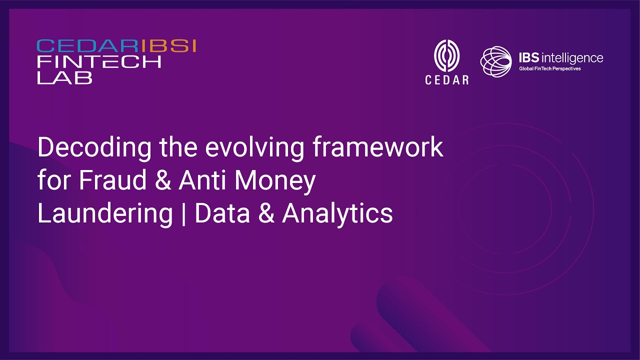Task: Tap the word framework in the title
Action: tap(378, 147)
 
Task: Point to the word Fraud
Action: tap(112, 180)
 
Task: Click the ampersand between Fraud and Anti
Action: tap(163, 180)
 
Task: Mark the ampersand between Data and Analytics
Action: tap(266, 213)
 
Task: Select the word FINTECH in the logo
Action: tap(99, 61)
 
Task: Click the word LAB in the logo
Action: tap(65, 77)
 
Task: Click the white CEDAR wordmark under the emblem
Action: tap(447, 80)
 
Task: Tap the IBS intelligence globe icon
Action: tap(495, 61)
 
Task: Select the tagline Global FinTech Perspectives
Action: tap(549, 68)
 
